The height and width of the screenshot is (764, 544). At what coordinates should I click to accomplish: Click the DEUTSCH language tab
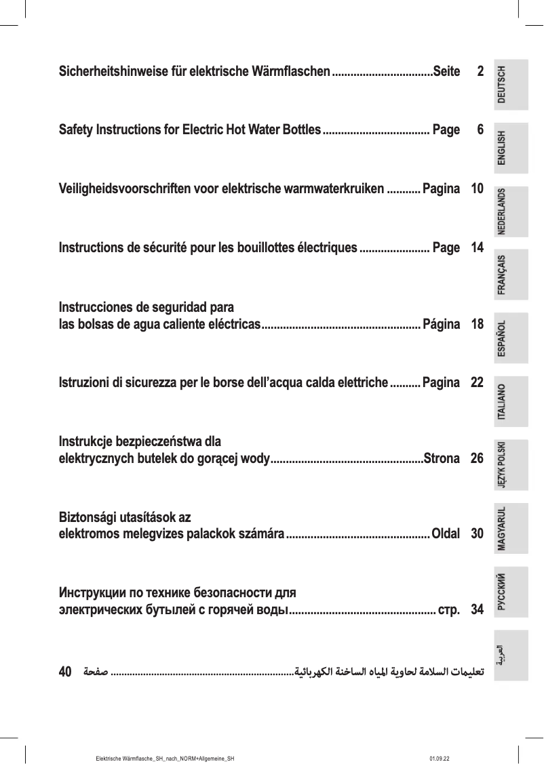click(x=511, y=85)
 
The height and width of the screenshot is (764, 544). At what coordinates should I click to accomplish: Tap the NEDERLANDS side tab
click(x=511, y=211)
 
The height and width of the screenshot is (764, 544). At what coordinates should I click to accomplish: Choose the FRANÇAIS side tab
click(x=511, y=274)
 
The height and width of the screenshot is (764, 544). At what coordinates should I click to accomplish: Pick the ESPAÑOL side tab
click(x=511, y=337)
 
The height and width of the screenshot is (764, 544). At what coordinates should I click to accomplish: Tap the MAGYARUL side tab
click(x=511, y=527)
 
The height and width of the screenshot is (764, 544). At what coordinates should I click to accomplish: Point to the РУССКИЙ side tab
click(x=511, y=590)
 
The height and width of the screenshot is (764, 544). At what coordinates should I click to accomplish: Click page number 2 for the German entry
click(x=480, y=71)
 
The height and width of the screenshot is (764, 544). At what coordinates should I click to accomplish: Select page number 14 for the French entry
click(x=477, y=247)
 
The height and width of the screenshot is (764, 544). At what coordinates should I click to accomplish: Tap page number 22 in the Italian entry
click(x=477, y=383)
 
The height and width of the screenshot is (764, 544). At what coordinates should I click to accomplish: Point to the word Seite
click(x=446, y=71)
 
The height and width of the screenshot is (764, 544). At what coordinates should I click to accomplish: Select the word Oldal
click(x=446, y=534)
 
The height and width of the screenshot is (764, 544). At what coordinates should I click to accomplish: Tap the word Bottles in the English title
click(x=296, y=129)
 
